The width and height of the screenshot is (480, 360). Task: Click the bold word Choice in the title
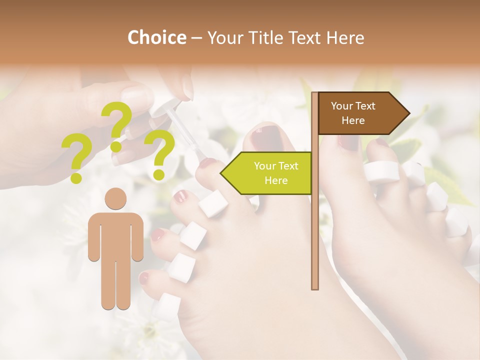point(156,37)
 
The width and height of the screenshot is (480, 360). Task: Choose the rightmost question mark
point(160,154)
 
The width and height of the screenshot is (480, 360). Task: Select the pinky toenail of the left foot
point(144,278)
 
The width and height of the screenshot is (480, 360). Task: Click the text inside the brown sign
point(353,113)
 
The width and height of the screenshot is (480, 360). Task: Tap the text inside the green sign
point(275,173)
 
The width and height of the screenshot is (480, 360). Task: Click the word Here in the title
point(345,37)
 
